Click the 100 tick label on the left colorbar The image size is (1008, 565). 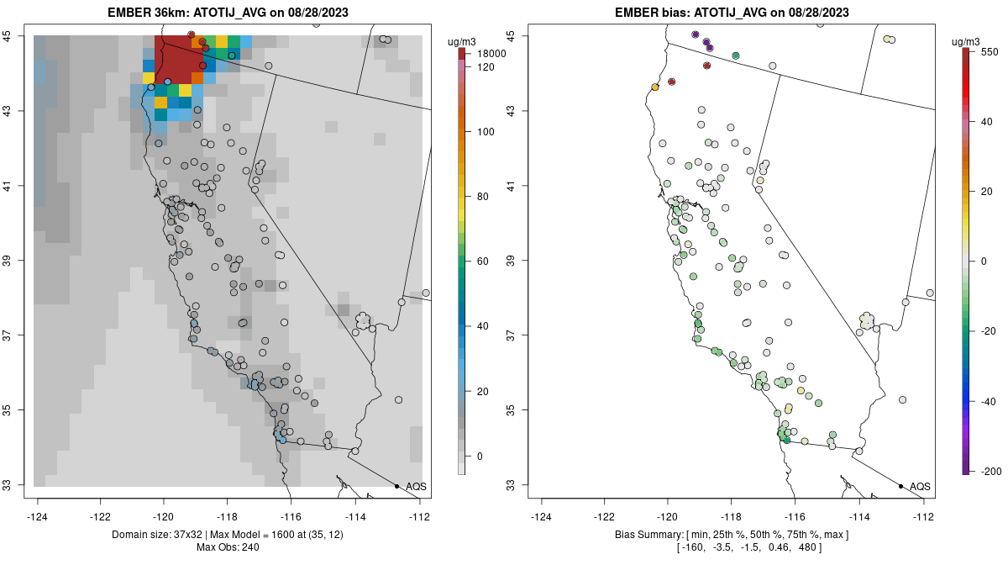486,132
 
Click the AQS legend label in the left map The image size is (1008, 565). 416,487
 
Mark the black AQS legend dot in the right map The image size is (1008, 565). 900,486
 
